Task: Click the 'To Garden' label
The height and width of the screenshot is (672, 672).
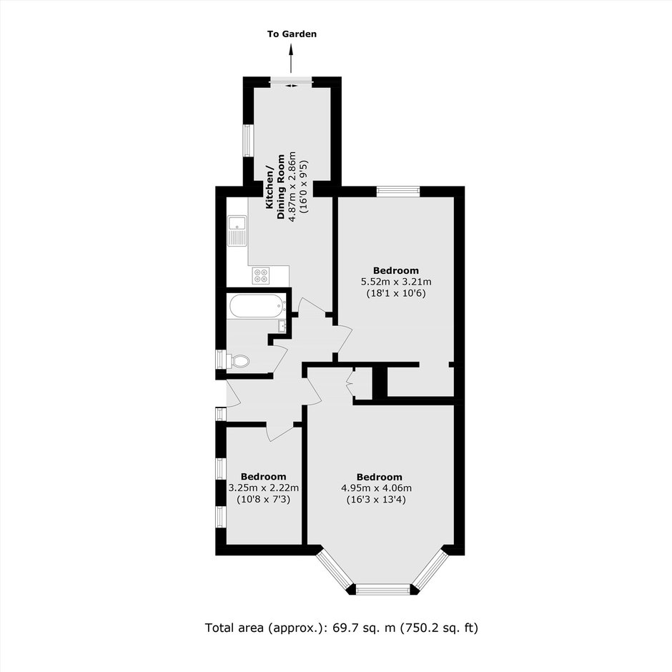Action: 292,34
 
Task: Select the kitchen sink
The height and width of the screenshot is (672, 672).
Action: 237,232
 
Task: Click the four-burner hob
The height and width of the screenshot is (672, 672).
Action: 261,275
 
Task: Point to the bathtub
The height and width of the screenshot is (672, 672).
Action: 257,305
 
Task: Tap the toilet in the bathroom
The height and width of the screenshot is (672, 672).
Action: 240,360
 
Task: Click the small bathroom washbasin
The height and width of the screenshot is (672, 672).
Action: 282,326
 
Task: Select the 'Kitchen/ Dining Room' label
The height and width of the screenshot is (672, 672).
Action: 275,187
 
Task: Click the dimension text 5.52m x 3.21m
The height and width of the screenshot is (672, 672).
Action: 396,282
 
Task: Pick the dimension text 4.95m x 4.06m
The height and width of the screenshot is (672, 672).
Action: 376,488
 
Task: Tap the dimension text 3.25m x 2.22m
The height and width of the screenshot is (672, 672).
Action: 264,488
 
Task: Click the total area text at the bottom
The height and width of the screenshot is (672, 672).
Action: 342,628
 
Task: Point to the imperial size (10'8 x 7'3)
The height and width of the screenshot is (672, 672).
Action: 264,499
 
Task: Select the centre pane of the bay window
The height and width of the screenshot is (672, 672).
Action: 383,590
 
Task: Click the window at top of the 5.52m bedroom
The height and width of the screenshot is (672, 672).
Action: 398,191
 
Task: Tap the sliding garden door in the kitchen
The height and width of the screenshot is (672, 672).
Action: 292,81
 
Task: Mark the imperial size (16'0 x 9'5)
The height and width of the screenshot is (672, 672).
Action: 303,187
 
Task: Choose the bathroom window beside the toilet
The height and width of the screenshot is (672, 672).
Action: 221,360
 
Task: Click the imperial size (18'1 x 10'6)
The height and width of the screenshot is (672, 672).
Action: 396,294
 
